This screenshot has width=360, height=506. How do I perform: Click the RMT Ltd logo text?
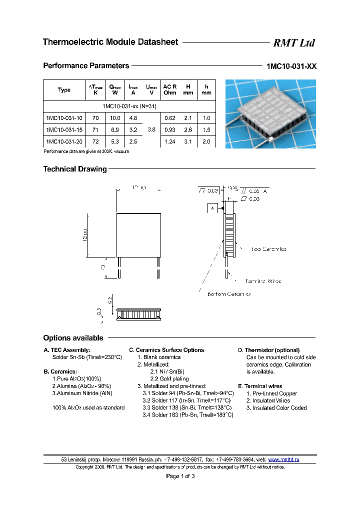point(294,43)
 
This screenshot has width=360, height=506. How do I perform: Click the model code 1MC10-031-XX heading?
point(291,66)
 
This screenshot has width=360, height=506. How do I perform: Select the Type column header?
point(64,90)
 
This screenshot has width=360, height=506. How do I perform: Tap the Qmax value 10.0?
point(115,118)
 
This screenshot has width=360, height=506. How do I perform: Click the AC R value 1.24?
point(170,142)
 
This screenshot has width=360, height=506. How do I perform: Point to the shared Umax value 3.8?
point(151,130)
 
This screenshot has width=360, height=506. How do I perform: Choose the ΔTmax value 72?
point(96,142)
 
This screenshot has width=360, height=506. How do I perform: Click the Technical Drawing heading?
point(75,169)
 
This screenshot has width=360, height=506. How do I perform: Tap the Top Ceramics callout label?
point(269,249)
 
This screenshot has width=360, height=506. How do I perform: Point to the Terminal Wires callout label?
point(263,281)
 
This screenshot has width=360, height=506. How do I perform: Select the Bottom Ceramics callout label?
point(229,294)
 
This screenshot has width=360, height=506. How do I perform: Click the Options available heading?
point(73,338)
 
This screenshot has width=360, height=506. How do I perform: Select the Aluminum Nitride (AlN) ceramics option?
point(82,393)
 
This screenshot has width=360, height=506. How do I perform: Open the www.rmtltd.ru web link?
point(284,459)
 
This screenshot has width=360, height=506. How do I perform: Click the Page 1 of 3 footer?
point(180,476)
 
